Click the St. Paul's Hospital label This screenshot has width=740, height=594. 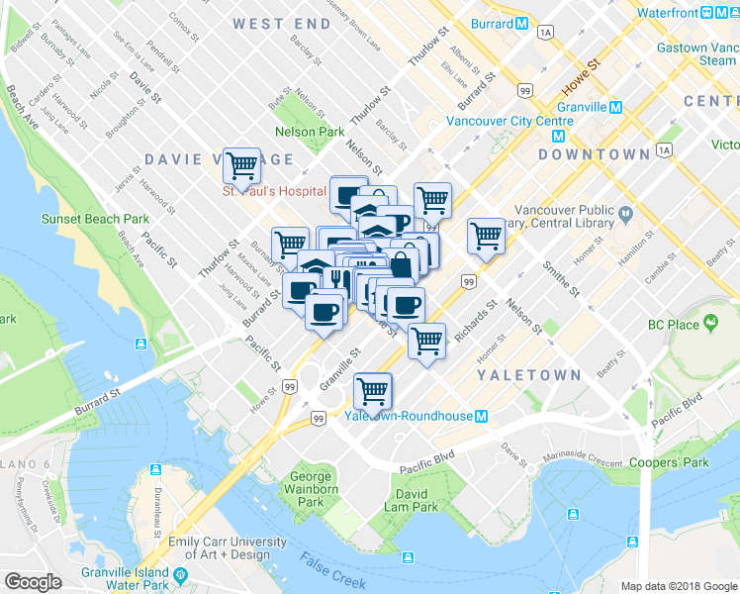click(274, 190)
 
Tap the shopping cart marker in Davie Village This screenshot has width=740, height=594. click(241, 164)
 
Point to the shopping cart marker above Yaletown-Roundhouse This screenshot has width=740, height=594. click(372, 390)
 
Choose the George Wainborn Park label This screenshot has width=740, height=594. click(311, 489)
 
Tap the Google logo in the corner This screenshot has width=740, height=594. click(33, 582)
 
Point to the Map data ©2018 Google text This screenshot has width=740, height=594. click(678, 586)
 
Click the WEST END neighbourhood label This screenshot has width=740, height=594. click(281, 22)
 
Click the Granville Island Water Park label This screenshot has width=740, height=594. click(122, 577)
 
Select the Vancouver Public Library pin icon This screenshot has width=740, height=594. click(625, 214)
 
